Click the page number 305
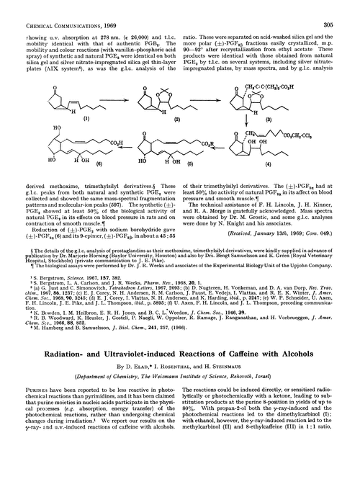coord(347,6)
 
